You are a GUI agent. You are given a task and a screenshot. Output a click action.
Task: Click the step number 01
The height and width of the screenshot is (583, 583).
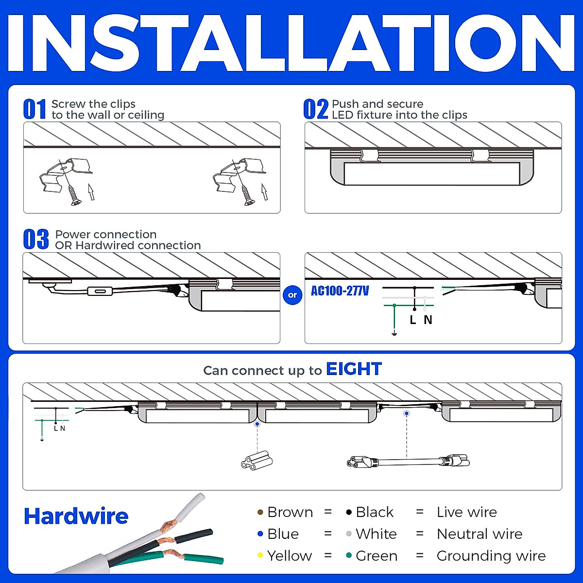[x=34, y=109]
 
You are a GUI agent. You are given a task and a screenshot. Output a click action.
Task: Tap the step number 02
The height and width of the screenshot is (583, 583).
[x=316, y=109]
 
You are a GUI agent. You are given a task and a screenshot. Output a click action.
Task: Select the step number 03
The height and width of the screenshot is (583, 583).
[x=36, y=240]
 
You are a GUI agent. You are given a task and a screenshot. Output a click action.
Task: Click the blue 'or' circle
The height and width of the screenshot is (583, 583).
[x=292, y=295]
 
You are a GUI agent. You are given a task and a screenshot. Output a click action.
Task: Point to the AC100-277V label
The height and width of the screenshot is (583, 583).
[x=340, y=291]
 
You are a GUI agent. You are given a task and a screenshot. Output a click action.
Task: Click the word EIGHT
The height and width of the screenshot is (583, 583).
[x=354, y=369]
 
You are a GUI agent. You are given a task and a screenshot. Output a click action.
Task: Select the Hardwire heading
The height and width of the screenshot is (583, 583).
[x=76, y=516]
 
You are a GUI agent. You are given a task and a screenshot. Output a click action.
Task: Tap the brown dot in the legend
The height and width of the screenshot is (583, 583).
[x=260, y=512]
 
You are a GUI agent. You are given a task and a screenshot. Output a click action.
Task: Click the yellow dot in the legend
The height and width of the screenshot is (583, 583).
[x=260, y=555]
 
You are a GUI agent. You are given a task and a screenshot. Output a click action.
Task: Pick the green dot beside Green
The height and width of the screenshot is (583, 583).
[x=349, y=555]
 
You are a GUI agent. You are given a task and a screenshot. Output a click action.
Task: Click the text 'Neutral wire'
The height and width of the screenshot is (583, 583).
[x=480, y=534]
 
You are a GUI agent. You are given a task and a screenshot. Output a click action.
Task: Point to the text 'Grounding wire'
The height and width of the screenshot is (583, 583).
[x=491, y=556]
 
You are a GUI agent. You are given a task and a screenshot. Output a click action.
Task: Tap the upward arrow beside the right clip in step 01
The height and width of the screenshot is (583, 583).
[x=264, y=191]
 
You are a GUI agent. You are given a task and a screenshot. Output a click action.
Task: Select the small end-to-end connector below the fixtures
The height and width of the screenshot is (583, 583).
[x=257, y=460]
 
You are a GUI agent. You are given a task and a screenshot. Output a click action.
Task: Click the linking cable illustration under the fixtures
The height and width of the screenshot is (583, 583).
[x=408, y=461]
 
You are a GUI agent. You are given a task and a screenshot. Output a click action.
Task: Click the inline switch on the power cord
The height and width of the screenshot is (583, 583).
[x=100, y=291]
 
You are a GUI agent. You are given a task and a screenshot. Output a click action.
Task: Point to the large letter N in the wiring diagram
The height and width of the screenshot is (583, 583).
[x=428, y=320]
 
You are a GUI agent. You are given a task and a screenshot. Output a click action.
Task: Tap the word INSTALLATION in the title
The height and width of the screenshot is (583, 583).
[x=291, y=44]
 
